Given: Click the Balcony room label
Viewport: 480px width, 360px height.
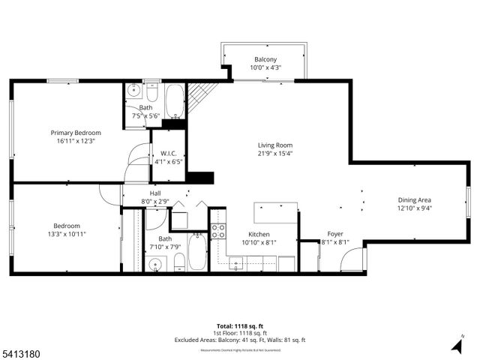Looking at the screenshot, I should tap(265, 58).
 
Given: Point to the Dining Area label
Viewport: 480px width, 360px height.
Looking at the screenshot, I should tap(414, 199).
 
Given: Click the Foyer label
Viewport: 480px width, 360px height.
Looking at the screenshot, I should tap(335, 234).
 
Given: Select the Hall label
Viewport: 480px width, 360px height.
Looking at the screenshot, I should tap(155, 193).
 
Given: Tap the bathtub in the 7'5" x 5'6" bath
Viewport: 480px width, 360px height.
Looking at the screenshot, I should tap(174, 103).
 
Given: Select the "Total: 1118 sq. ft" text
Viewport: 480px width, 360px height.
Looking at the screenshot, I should tap(239, 326).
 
